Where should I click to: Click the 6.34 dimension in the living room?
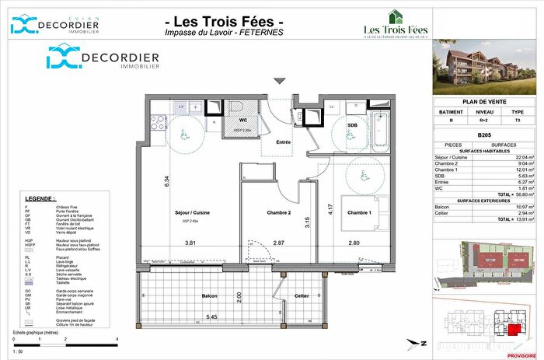click(x=166, y=180)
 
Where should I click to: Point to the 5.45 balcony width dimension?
click(x=201, y=317)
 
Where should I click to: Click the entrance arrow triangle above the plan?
click(x=280, y=80)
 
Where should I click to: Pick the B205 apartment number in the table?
click(x=486, y=135)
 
